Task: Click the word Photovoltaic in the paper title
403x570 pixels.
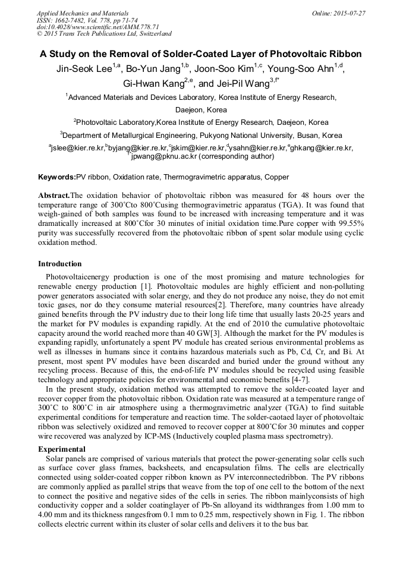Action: click(x=292, y=53)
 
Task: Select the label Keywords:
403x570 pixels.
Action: click(x=57, y=177)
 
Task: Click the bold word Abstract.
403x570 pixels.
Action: click(x=53, y=195)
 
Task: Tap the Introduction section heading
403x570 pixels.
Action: click(x=60, y=263)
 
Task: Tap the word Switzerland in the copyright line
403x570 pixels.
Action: click(x=153, y=34)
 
